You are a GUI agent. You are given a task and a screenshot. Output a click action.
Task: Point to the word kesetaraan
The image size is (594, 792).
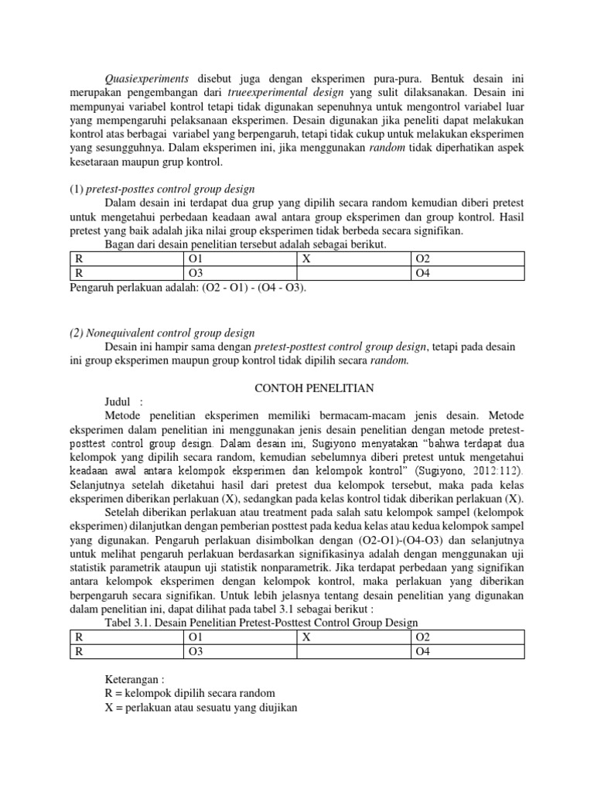[x=96, y=162]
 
